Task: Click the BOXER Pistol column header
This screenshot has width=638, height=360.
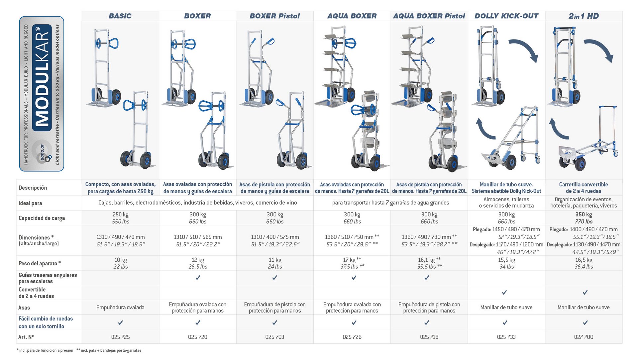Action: pyautogui.click(x=274, y=16)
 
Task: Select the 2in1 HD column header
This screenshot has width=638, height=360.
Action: pyautogui.click(x=584, y=16)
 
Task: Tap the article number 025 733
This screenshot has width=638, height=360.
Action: pyautogui.click(x=506, y=337)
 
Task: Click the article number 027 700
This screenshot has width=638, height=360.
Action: pyautogui.click(x=584, y=337)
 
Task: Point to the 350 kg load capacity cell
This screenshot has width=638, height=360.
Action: pyautogui.click(x=584, y=215)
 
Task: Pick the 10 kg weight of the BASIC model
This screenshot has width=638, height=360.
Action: pyautogui.click(x=121, y=260)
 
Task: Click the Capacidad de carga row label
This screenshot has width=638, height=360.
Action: pyautogui.click(x=42, y=218)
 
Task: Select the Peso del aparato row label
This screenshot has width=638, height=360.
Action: pyautogui.click(x=40, y=263)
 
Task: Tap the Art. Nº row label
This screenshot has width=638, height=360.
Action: pyautogui.click(x=26, y=337)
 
